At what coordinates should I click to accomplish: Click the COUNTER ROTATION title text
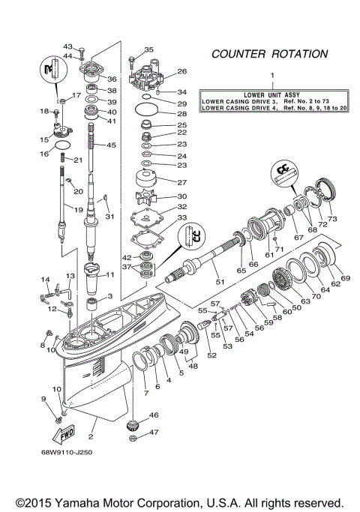click(269, 54)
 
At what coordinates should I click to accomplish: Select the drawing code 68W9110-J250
click(73, 452)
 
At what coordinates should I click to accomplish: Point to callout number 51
click(220, 282)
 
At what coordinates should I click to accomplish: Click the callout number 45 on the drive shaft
click(112, 145)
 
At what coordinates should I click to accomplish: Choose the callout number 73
click(333, 218)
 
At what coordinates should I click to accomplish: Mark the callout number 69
click(345, 278)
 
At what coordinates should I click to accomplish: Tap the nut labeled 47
click(133, 434)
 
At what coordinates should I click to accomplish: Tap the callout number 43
click(67, 46)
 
